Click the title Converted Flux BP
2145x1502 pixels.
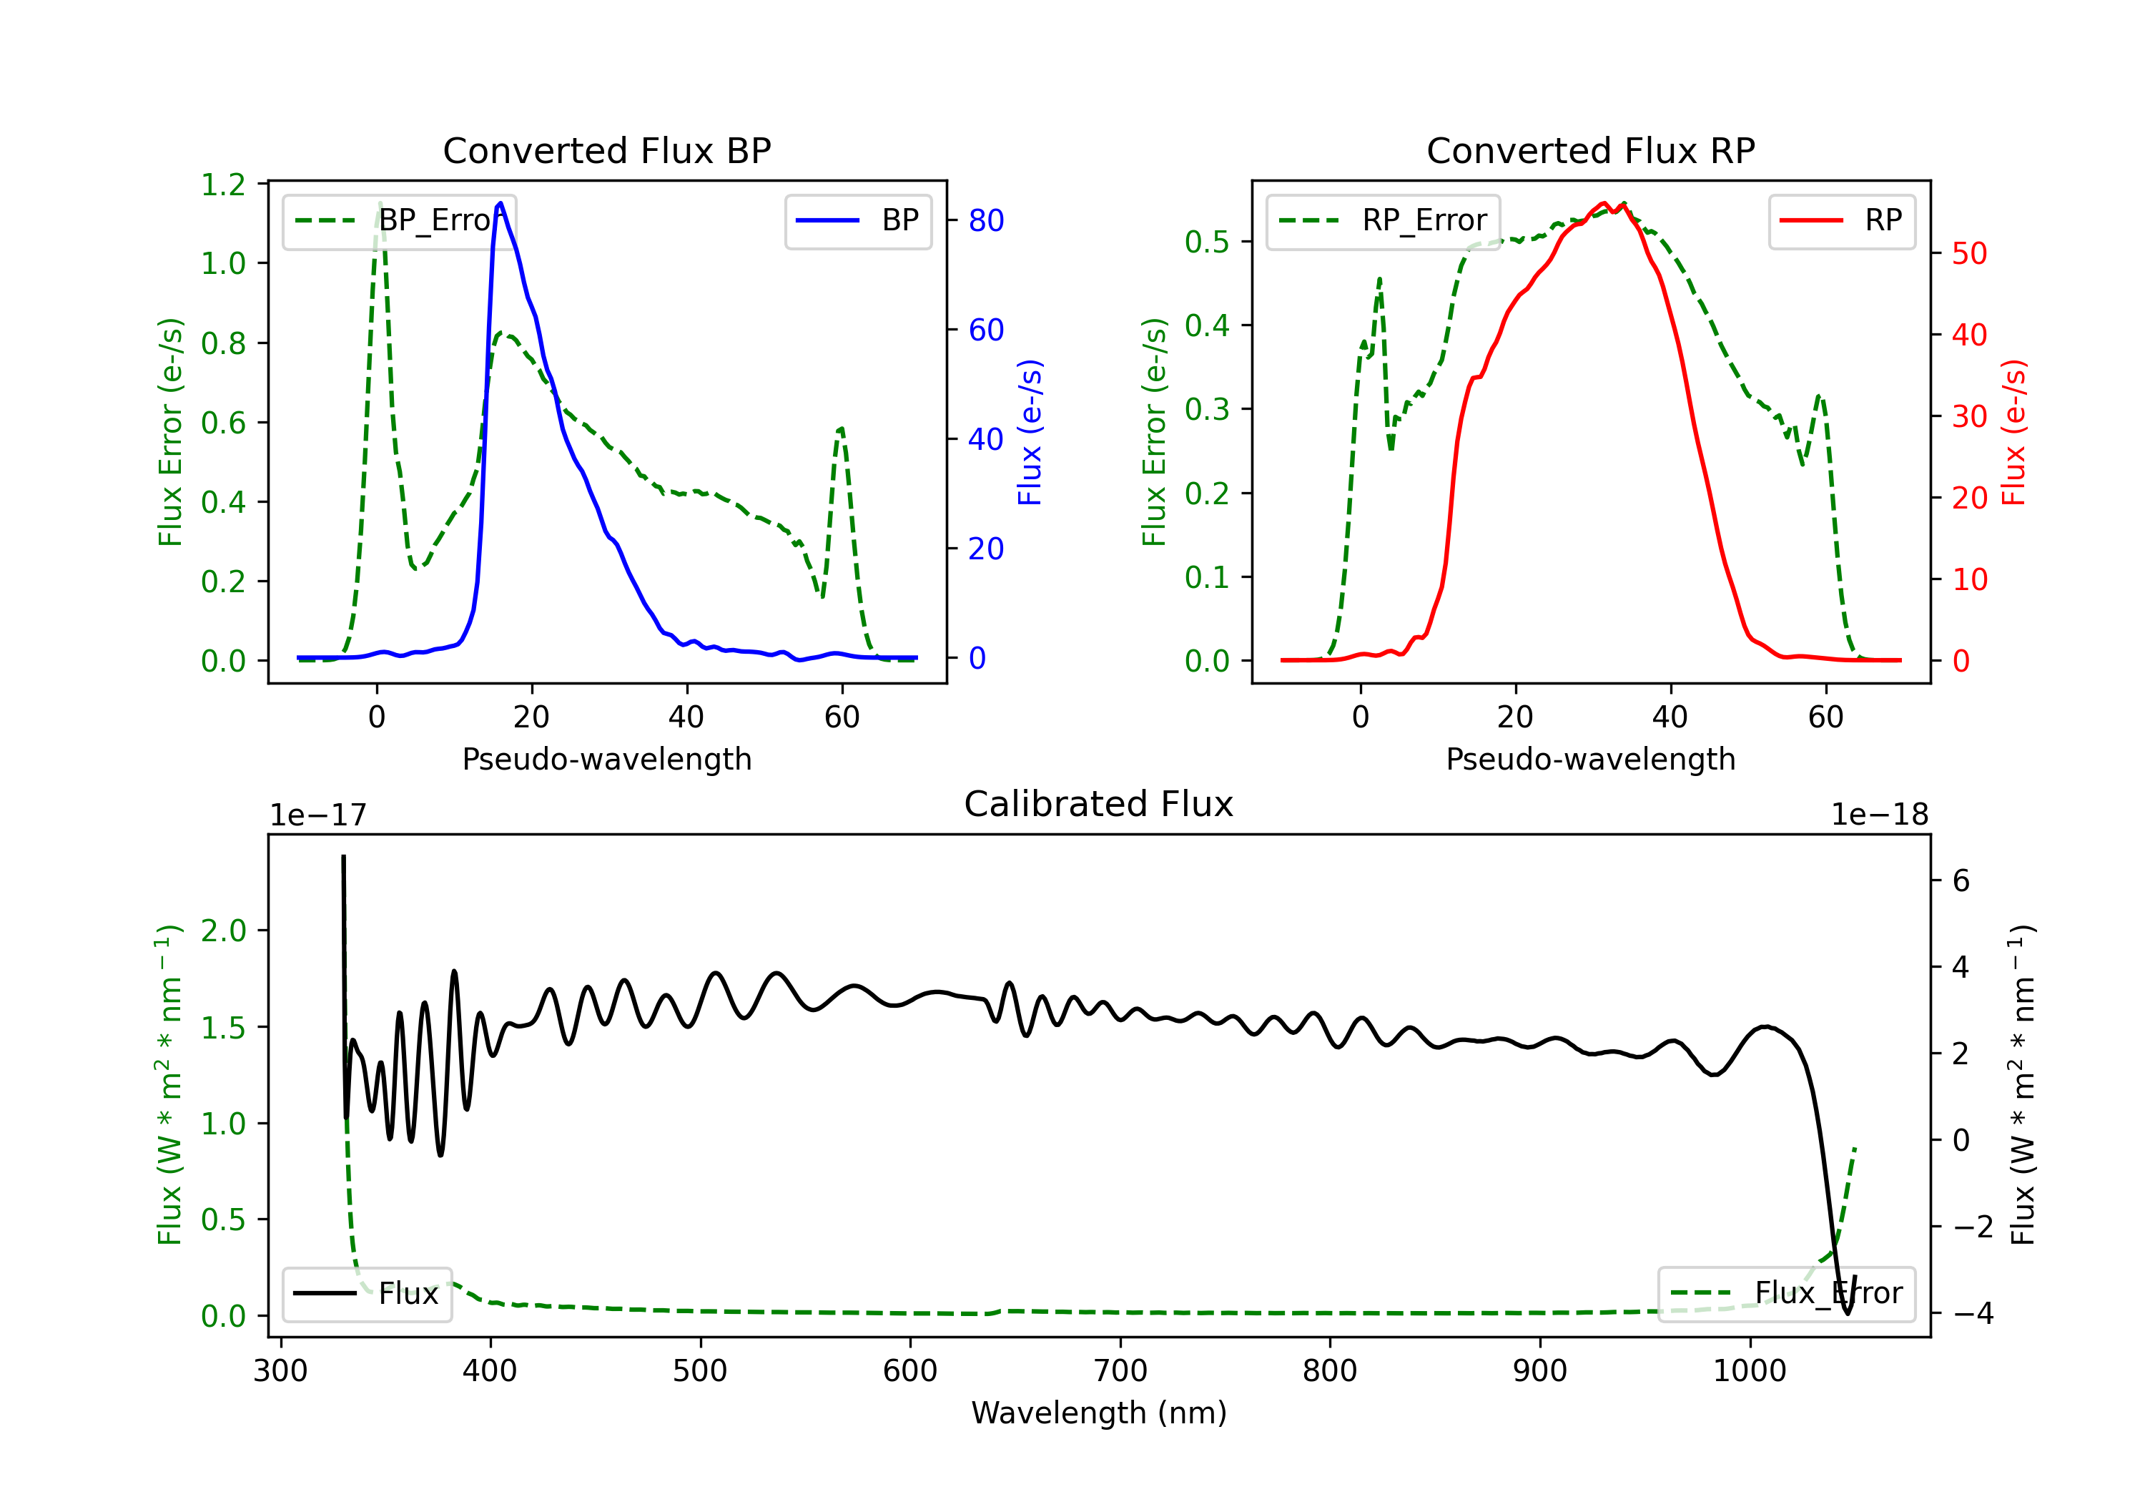[607, 150]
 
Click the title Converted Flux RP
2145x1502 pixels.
[1590, 150]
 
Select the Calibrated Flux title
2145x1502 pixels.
[1099, 804]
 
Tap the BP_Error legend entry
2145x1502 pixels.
[399, 220]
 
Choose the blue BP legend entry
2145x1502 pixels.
[857, 220]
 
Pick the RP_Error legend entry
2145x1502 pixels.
[1383, 220]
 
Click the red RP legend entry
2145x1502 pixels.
[1840, 220]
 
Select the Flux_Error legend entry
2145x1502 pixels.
[1786, 1294]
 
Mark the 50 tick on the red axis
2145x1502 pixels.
[1969, 253]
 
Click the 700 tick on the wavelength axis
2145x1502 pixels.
[1120, 1371]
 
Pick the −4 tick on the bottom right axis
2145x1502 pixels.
[1972, 1314]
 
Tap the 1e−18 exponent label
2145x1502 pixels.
[1879, 815]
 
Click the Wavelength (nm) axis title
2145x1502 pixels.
[1099, 1413]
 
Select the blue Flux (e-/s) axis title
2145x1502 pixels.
[1030, 433]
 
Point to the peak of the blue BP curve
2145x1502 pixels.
[500, 203]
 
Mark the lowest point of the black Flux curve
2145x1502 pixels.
[1847, 1314]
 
